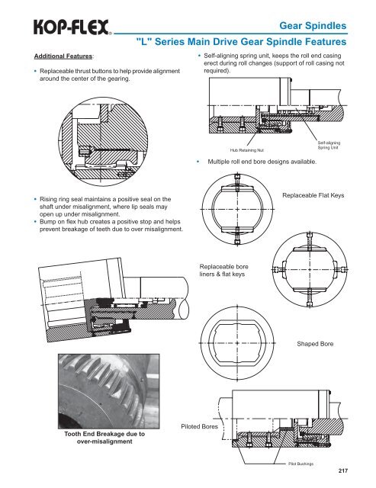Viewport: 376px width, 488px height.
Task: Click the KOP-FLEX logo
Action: click(72, 27)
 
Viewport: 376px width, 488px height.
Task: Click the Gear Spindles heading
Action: click(313, 25)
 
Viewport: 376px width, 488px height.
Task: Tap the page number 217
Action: click(343, 471)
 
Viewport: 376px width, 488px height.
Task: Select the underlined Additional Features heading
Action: click(63, 56)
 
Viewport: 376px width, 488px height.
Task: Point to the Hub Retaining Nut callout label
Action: click(247, 150)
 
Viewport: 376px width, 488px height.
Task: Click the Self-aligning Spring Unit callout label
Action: click(329, 145)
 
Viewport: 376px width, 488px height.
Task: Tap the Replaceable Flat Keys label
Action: click(313, 195)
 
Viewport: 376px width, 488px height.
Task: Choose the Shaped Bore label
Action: click(315, 344)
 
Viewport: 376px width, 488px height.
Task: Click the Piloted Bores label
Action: click(200, 426)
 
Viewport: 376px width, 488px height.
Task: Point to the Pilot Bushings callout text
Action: click(301, 464)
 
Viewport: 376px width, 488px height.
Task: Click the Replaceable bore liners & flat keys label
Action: click(223, 271)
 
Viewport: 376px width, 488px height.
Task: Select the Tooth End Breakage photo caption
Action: click(104, 438)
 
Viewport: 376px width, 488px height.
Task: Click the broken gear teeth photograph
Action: click(109, 391)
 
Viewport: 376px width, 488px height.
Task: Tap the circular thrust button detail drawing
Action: click(103, 142)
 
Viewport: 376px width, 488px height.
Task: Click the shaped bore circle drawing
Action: click(237, 343)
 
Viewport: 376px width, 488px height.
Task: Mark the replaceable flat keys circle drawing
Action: click(237, 209)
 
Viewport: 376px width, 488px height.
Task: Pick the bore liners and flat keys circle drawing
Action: click(310, 269)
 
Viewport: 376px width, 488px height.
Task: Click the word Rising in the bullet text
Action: click(48, 200)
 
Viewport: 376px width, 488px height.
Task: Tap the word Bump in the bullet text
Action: click(47, 222)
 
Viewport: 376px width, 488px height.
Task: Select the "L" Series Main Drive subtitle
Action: click(241, 42)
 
